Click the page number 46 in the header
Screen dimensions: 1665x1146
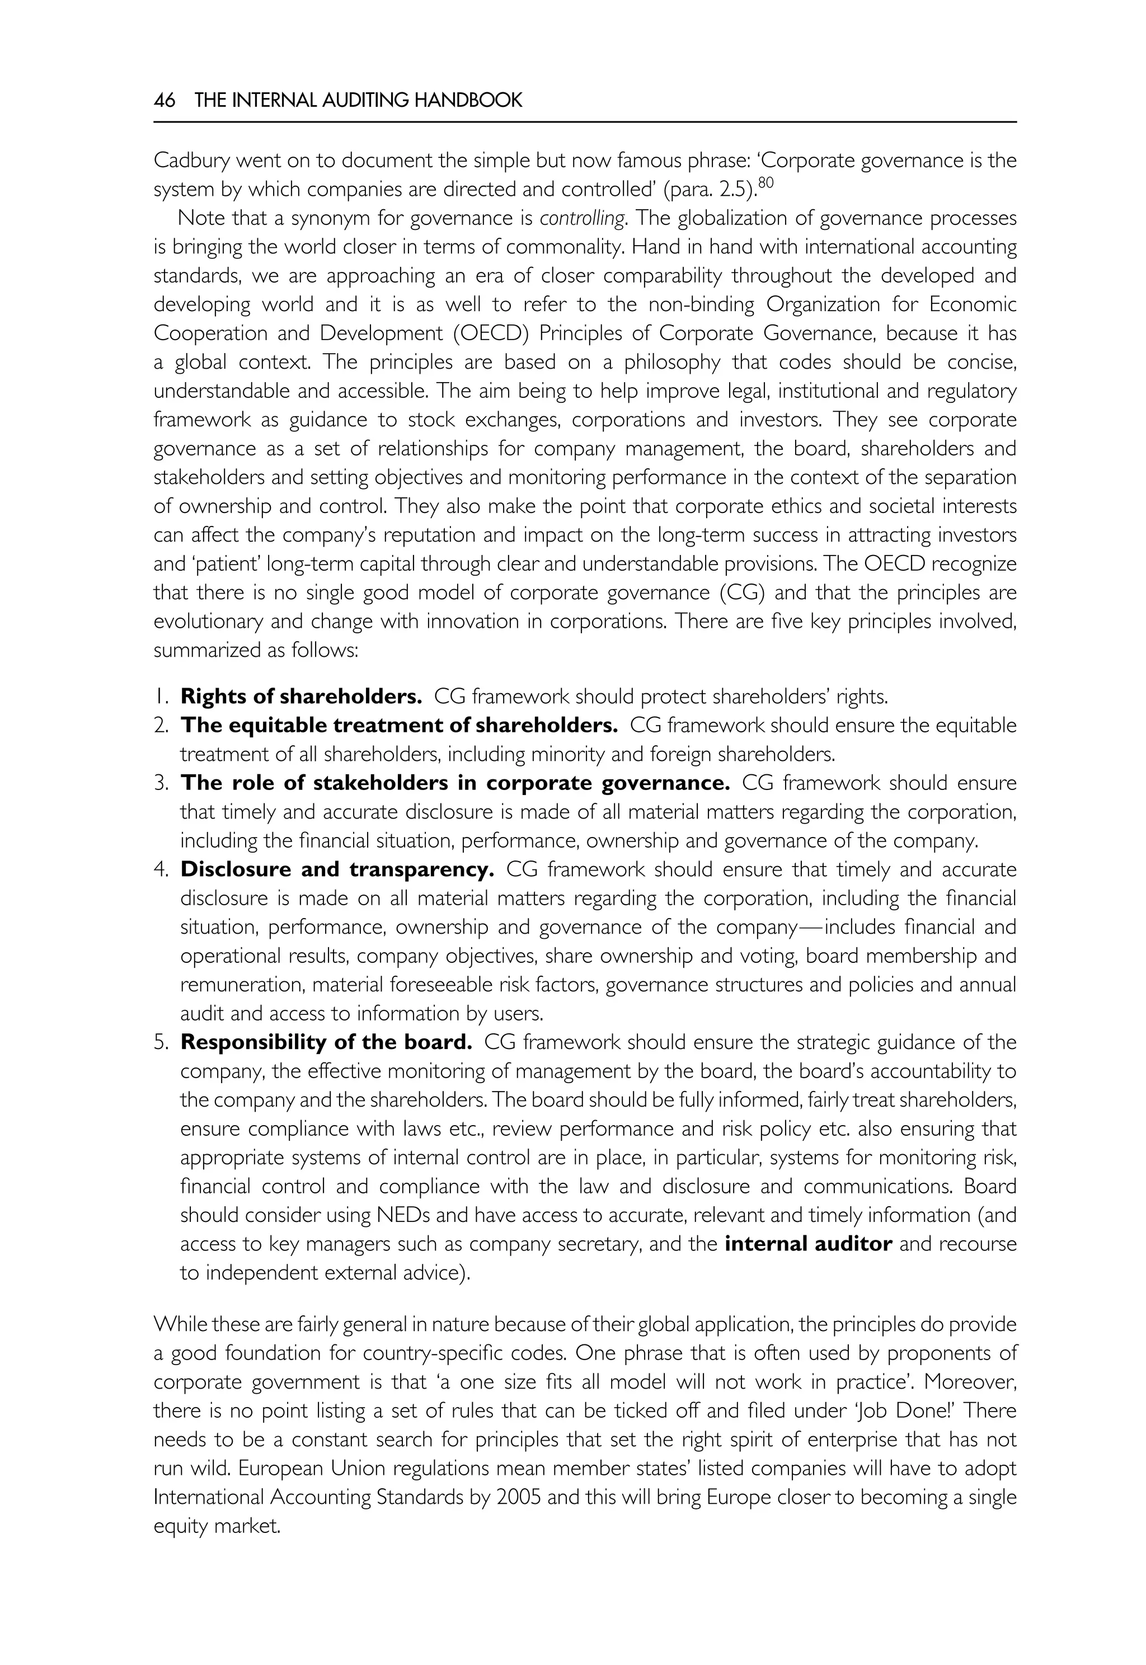coord(165,101)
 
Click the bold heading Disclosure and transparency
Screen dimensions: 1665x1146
coord(337,869)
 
